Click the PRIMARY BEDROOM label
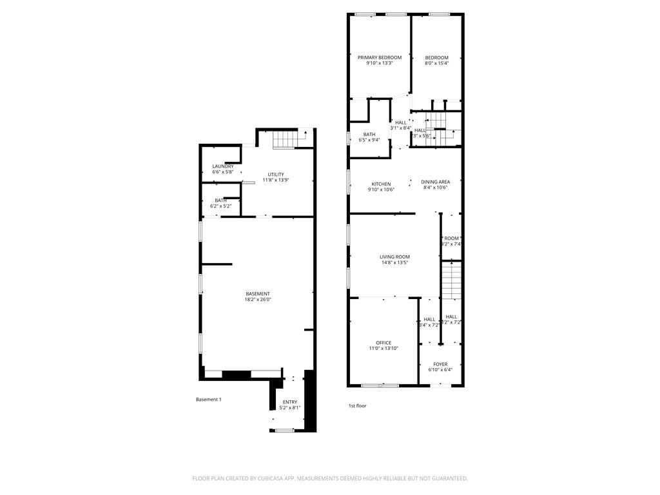380,57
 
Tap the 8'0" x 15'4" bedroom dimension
436,63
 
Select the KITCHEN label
380,184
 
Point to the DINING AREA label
436,182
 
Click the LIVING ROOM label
394,257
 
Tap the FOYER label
440,364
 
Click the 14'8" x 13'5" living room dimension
394,262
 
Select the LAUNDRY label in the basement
223,166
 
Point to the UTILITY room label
276,174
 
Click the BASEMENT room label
257,294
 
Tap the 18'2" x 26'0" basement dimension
257,300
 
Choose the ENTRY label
290,402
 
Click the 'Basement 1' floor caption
208,400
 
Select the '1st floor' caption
357,405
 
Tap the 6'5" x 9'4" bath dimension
369,140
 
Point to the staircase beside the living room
452,280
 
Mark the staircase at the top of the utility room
284,139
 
